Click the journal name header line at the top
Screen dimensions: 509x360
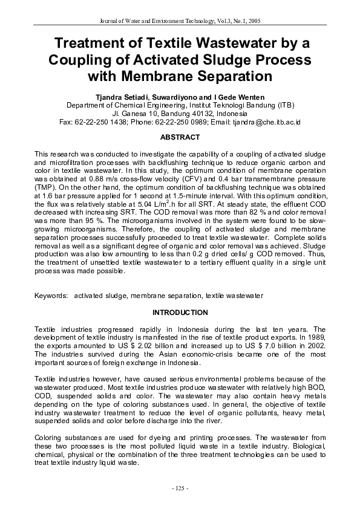click(180, 21)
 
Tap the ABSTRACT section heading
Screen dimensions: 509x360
click(180, 137)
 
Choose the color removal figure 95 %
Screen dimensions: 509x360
click(82, 221)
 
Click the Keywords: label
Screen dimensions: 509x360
click(51, 296)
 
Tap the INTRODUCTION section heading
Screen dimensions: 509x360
click(180, 313)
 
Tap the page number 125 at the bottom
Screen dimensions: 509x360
click(180, 487)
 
